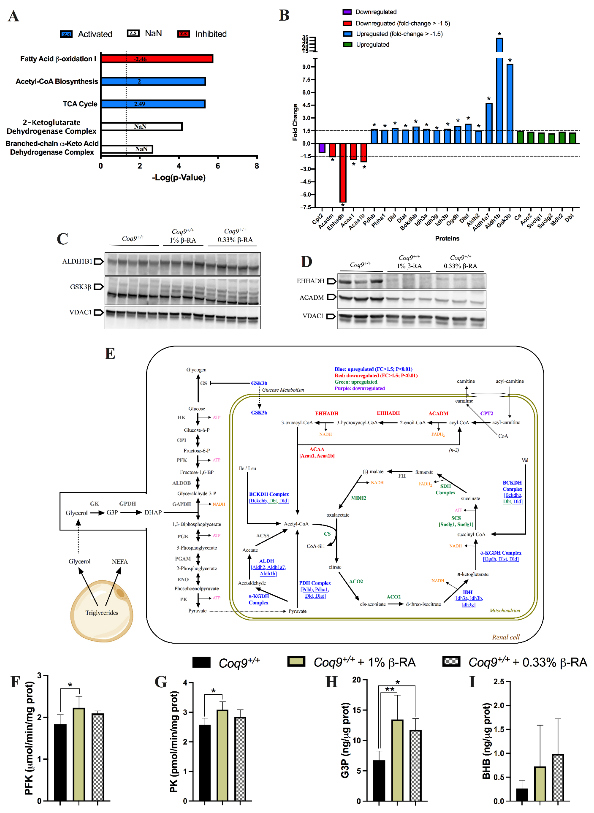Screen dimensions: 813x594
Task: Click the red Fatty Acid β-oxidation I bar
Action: coord(157,59)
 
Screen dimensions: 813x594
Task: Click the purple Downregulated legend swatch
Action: coord(347,12)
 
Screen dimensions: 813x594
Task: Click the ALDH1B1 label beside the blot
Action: coord(77,261)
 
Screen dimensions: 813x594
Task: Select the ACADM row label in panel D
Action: coord(311,297)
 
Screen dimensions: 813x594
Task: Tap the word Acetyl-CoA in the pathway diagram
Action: coord(296,524)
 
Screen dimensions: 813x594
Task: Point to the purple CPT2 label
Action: coord(486,413)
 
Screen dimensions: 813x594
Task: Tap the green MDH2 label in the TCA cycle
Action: coord(358,498)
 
